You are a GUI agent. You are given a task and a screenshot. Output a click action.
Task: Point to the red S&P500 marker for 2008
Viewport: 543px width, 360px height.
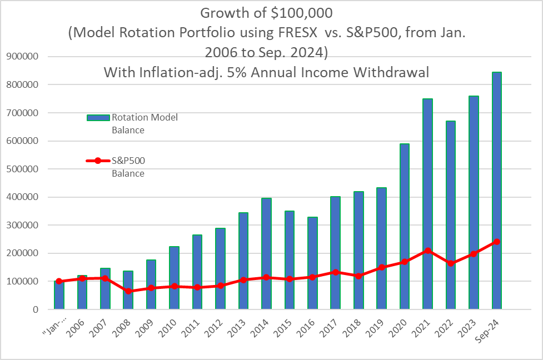pos(128,291)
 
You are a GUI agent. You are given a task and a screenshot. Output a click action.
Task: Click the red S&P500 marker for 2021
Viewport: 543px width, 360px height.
pos(427,251)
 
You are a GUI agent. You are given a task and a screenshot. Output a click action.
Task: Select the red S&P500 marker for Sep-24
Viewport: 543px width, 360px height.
pos(497,242)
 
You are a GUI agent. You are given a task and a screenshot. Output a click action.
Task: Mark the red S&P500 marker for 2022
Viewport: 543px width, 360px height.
pos(450,263)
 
